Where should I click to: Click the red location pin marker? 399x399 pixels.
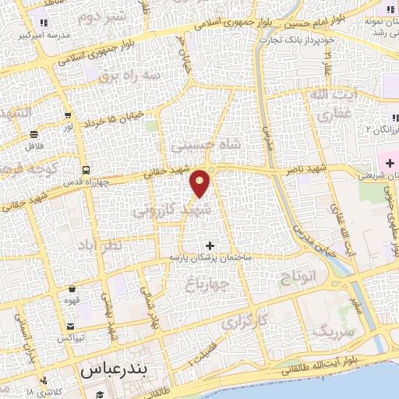click(201, 183)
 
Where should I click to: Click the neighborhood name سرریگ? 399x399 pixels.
click(333, 330)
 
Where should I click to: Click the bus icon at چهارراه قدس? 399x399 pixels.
click(85, 171)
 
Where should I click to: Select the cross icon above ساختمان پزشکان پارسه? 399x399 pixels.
click(208, 245)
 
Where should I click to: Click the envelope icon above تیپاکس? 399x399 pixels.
click(72, 327)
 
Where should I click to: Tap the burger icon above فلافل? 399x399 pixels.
click(35, 133)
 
